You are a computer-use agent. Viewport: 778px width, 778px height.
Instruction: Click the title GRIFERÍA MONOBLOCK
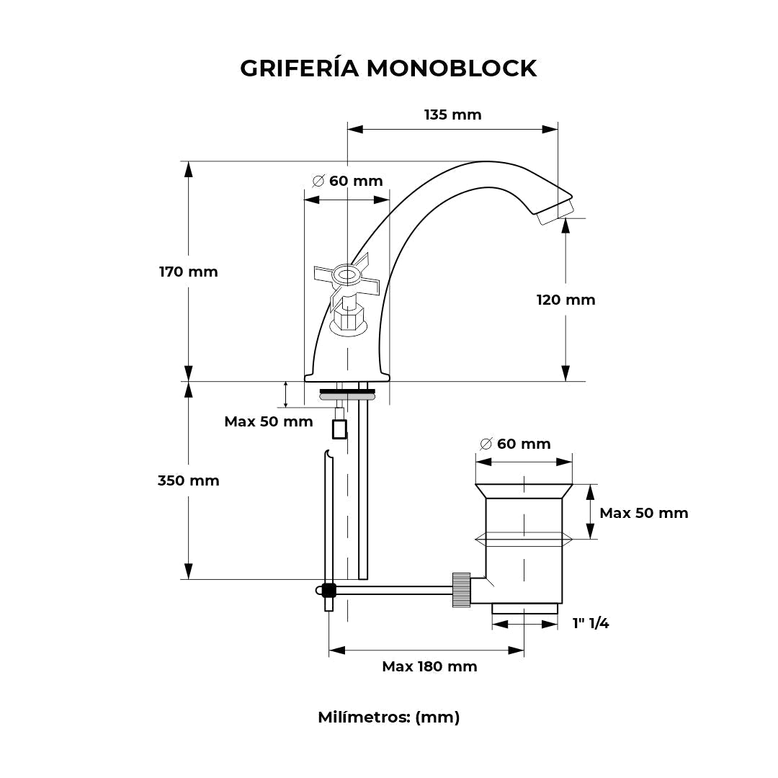[388, 68]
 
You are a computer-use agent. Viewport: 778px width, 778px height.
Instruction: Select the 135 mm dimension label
[452, 115]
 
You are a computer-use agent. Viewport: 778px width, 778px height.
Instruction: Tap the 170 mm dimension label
[188, 272]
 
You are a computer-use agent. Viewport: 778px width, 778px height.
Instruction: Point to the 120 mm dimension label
[565, 300]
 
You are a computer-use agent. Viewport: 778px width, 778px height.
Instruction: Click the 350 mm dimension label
[188, 480]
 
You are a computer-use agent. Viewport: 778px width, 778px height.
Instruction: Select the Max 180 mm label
[429, 666]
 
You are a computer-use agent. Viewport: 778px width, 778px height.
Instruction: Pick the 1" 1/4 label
[591, 623]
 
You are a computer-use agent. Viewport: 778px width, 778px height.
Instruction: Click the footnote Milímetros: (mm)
[388, 717]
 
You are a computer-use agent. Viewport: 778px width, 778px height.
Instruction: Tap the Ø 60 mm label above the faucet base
[348, 181]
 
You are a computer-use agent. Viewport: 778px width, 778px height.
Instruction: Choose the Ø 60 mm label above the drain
[515, 444]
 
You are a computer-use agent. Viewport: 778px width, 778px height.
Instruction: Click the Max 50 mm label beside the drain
[643, 513]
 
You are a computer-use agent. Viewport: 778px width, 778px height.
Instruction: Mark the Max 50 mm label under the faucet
[268, 421]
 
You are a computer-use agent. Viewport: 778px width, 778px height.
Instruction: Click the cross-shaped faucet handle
[346, 276]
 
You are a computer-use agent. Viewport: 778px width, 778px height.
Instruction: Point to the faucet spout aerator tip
[554, 211]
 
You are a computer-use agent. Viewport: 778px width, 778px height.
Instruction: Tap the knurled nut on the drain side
[461, 589]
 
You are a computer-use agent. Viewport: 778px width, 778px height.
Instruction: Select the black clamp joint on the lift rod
[328, 591]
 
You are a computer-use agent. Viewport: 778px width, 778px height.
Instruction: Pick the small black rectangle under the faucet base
[339, 429]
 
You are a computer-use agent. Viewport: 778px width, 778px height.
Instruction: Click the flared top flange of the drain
[524, 491]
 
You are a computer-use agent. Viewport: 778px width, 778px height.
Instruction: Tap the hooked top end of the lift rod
[328, 455]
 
